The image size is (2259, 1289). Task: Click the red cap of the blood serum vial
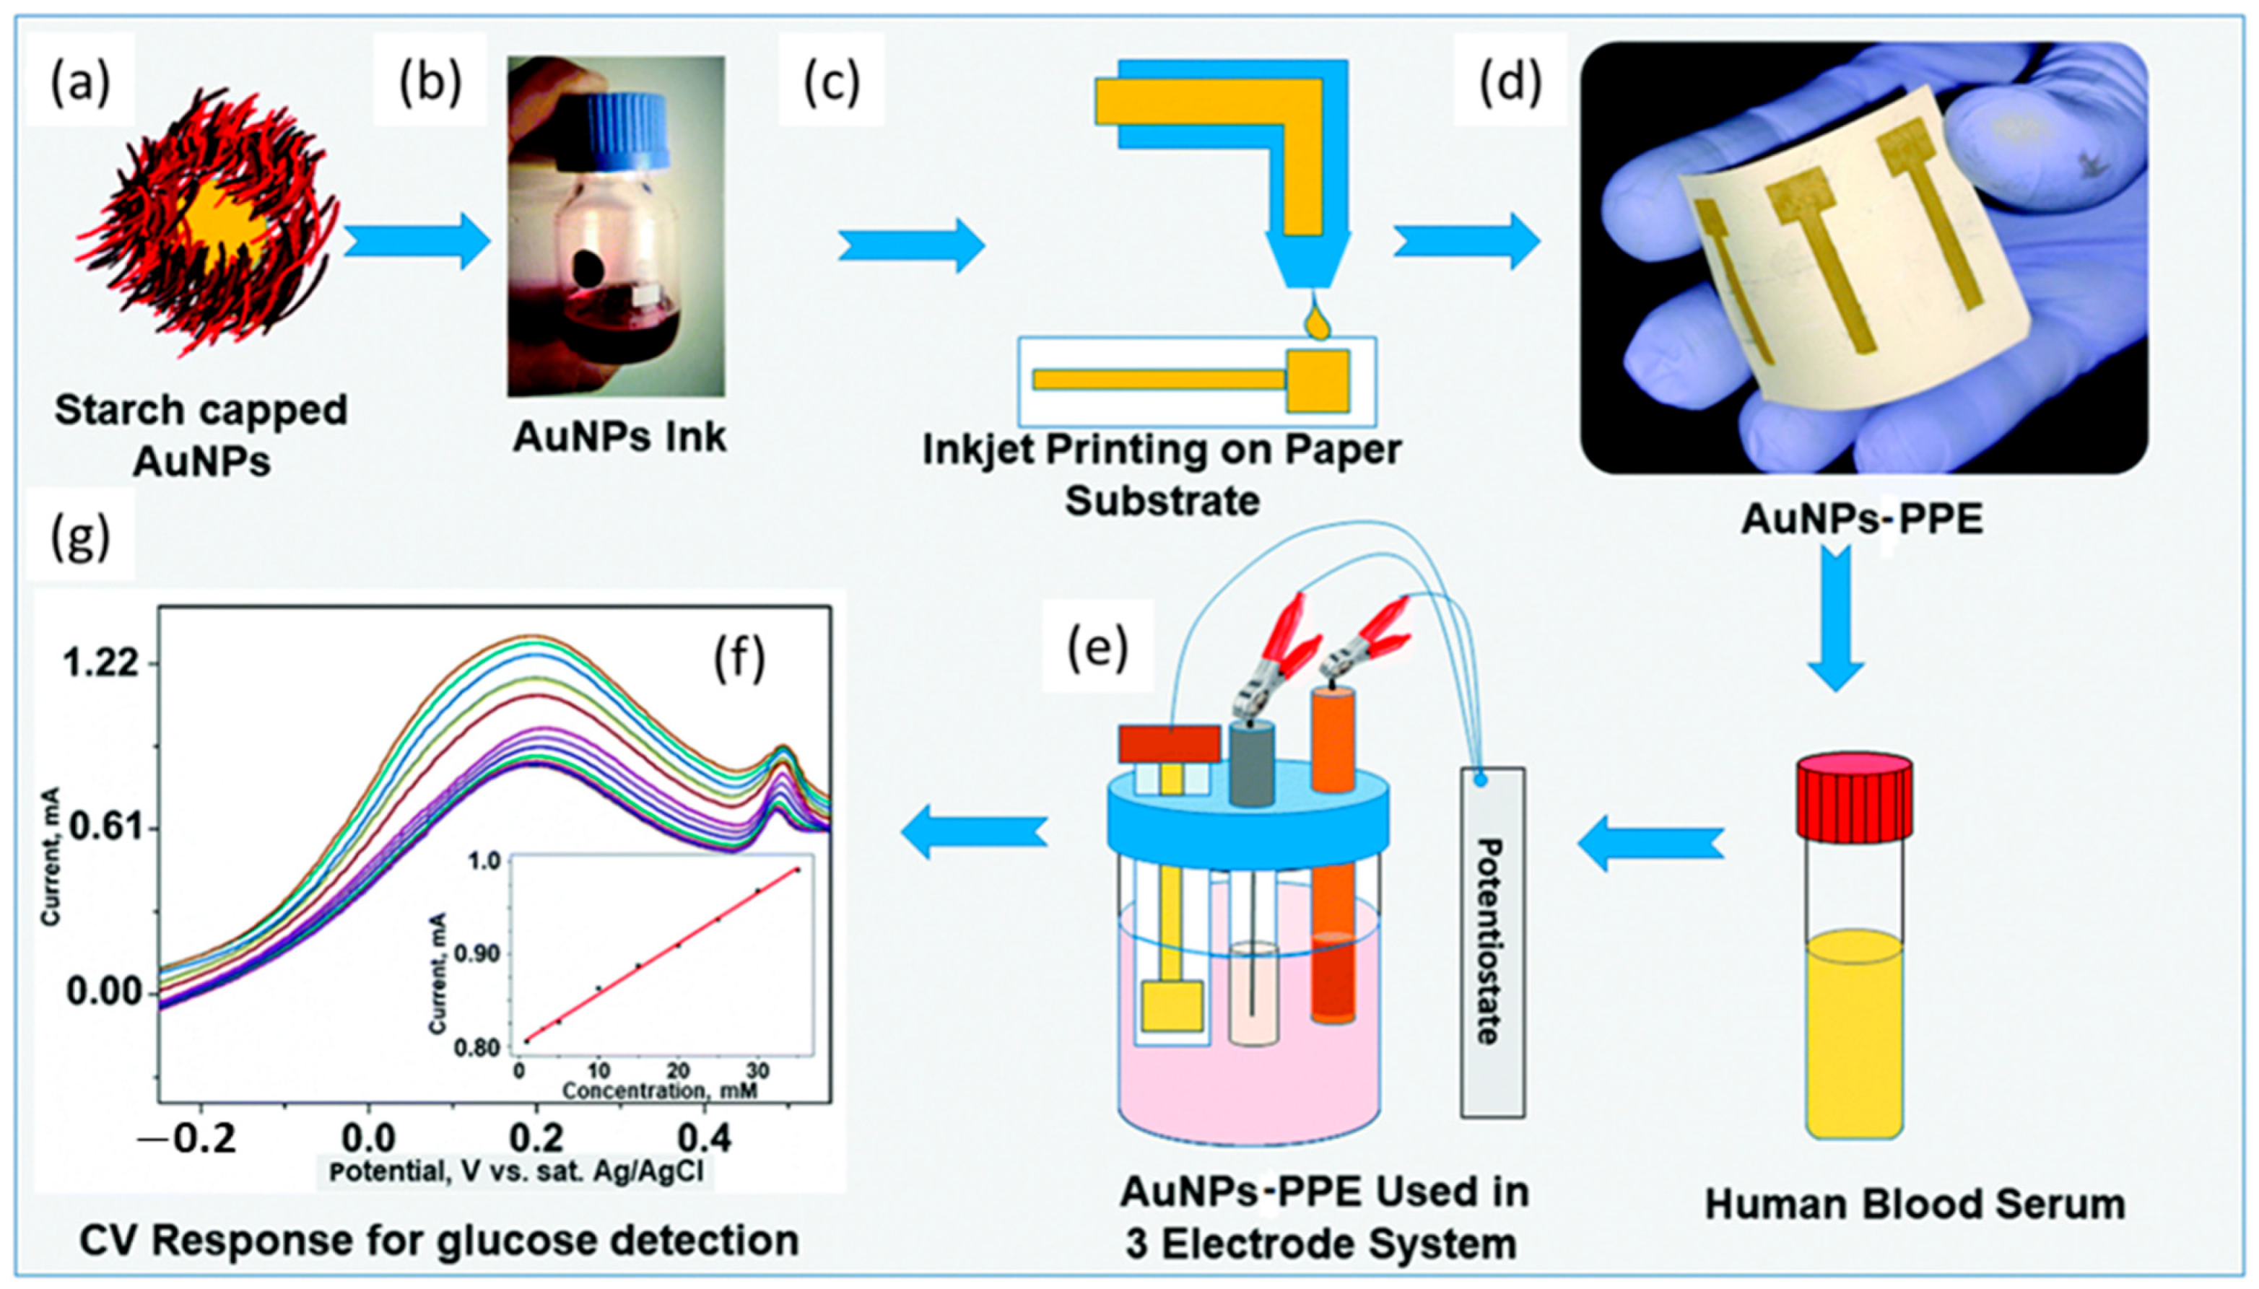1853,796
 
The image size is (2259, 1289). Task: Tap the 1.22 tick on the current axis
100,663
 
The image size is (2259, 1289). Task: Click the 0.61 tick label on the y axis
100,828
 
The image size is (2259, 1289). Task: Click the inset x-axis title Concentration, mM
660,1090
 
